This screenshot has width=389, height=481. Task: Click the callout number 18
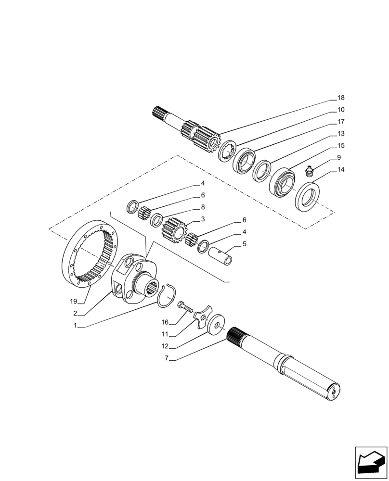tap(341, 98)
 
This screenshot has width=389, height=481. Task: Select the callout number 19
tap(73, 302)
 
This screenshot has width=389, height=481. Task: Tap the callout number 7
tap(166, 359)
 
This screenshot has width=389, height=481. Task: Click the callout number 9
tap(339, 157)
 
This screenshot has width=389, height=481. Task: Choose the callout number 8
tap(203, 207)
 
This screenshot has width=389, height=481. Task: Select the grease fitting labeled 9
tap(310, 171)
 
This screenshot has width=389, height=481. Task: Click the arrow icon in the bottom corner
tap(371, 463)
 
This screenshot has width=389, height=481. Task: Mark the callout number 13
tap(341, 134)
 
